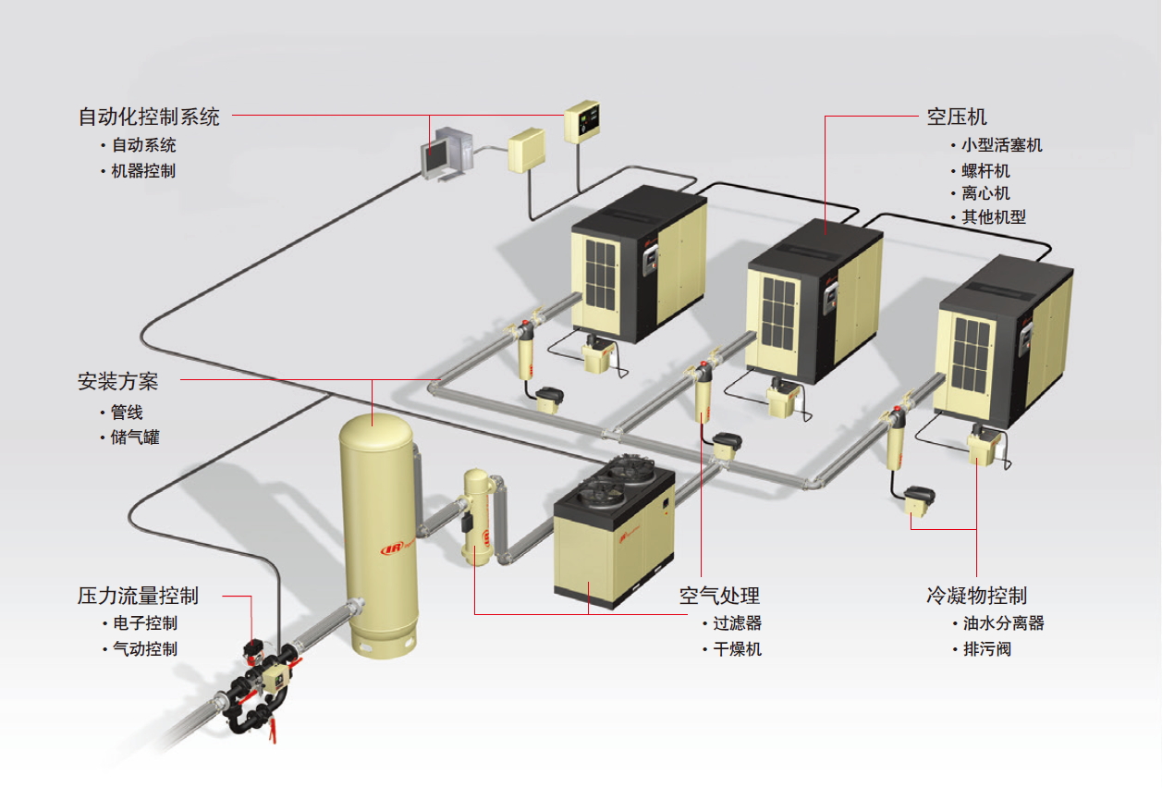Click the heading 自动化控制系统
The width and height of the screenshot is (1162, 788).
pyautogui.click(x=149, y=117)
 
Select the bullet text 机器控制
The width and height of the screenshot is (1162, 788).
pyautogui.click(x=143, y=171)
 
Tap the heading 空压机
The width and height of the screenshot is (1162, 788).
pyautogui.click(x=957, y=117)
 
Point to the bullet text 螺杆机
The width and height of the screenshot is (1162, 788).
pyautogui.click(x=985, y=171)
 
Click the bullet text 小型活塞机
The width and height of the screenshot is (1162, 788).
pyautogui.click(x=1002, y=145)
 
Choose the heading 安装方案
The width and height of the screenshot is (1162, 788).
pyautogui.click(x=117, y=382)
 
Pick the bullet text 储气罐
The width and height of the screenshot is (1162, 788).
pyautogui.click(x=135, y=437)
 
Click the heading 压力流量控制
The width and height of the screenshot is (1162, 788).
pyautogui.click(x=138, y=596)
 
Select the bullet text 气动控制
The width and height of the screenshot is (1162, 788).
pyautogui.click(x=145, y=649)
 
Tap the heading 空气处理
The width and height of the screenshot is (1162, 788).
pyautogui.click(x=719, y=596)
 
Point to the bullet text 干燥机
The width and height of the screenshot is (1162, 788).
pyautogui.click(x=737, y=649)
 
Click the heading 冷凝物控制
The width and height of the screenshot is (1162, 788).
pyautogui.click(x=977, y=596)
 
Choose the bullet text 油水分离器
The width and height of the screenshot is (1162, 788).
pyautogui.click(x=1004, y=623)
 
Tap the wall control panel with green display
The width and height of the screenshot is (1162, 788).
pyautogui.click(x=582, y=121)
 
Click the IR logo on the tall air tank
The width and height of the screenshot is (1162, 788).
pyautogui.click(x=393, y=548)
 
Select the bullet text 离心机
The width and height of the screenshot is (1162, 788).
pyautogui.click(x=985, y=193)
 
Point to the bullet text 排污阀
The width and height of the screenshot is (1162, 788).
pyautogui.click(x=987, y=649)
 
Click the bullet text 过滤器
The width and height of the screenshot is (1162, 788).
pyautogui.click(x=737, y=623)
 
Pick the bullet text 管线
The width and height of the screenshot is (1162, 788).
pyautogui.click(x=127, y=412)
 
